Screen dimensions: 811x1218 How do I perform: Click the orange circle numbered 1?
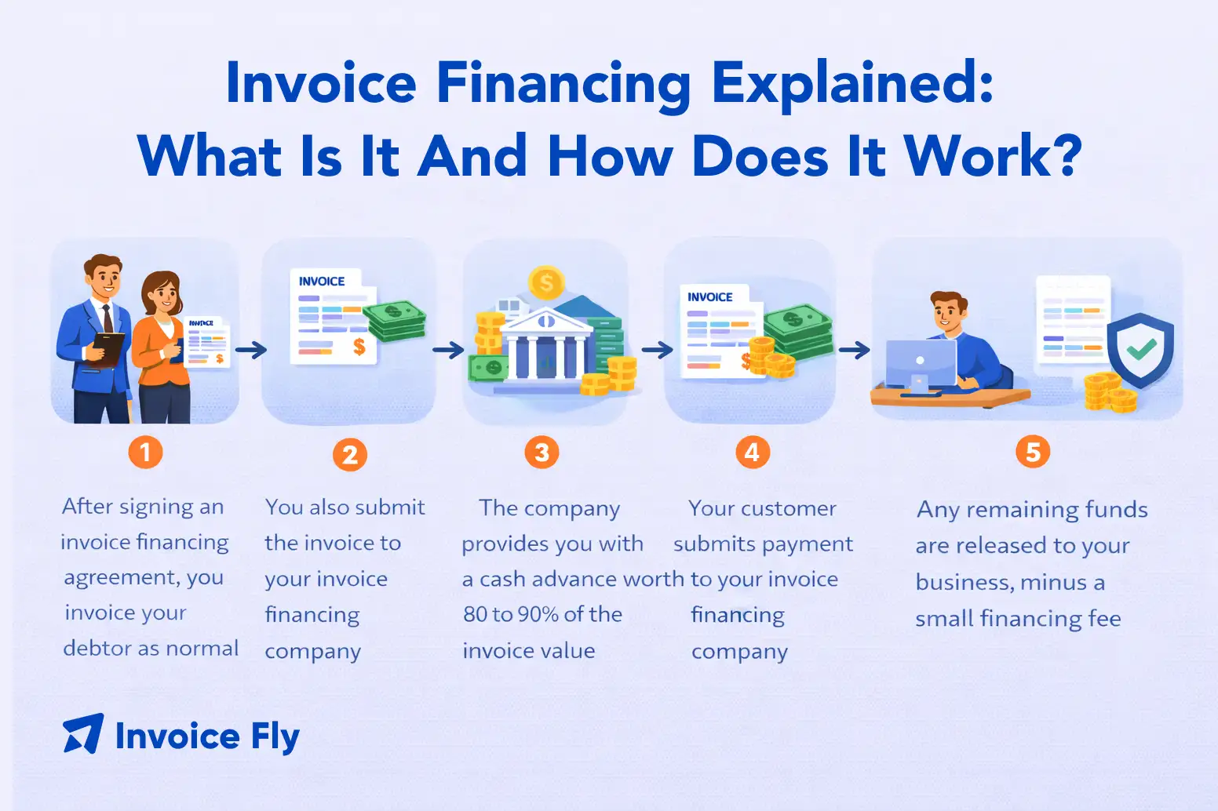pyautogui.click(x=145, y=453)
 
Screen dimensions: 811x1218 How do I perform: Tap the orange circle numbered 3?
pyautogui.click(x=542, y=453)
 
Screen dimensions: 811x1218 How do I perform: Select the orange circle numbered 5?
pyautogui.click(x=1033, y=453)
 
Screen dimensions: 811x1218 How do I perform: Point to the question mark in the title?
pyautogui.click(x=1067, y=155)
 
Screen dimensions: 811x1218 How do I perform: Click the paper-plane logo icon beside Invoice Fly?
pyautogui.click(x=83, y=734)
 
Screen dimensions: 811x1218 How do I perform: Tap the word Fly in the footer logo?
pyautogui.click(x=275, y=737)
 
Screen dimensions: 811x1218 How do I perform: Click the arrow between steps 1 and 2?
pyautogui.click(x=251, y=351)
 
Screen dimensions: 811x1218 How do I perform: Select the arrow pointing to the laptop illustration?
pyautogui.click(x=854, y=350)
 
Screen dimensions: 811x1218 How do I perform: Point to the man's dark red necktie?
pyautogui.click(x=108, y=318)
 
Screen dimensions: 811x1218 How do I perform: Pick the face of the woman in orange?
pyautogui.click(x=164, y=296)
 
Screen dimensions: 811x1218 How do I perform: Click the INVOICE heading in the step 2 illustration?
pyautogui.click(x=322, y=282)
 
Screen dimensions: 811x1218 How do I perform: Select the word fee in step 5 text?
pyautogui.click(x=1104, y=619)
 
